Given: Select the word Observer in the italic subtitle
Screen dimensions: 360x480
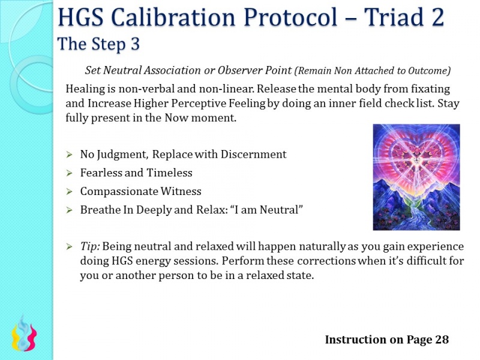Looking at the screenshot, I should click(233, 70).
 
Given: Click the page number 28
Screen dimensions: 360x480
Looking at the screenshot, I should click(442, 340).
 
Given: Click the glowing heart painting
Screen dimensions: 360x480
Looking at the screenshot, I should click(416, 177).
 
